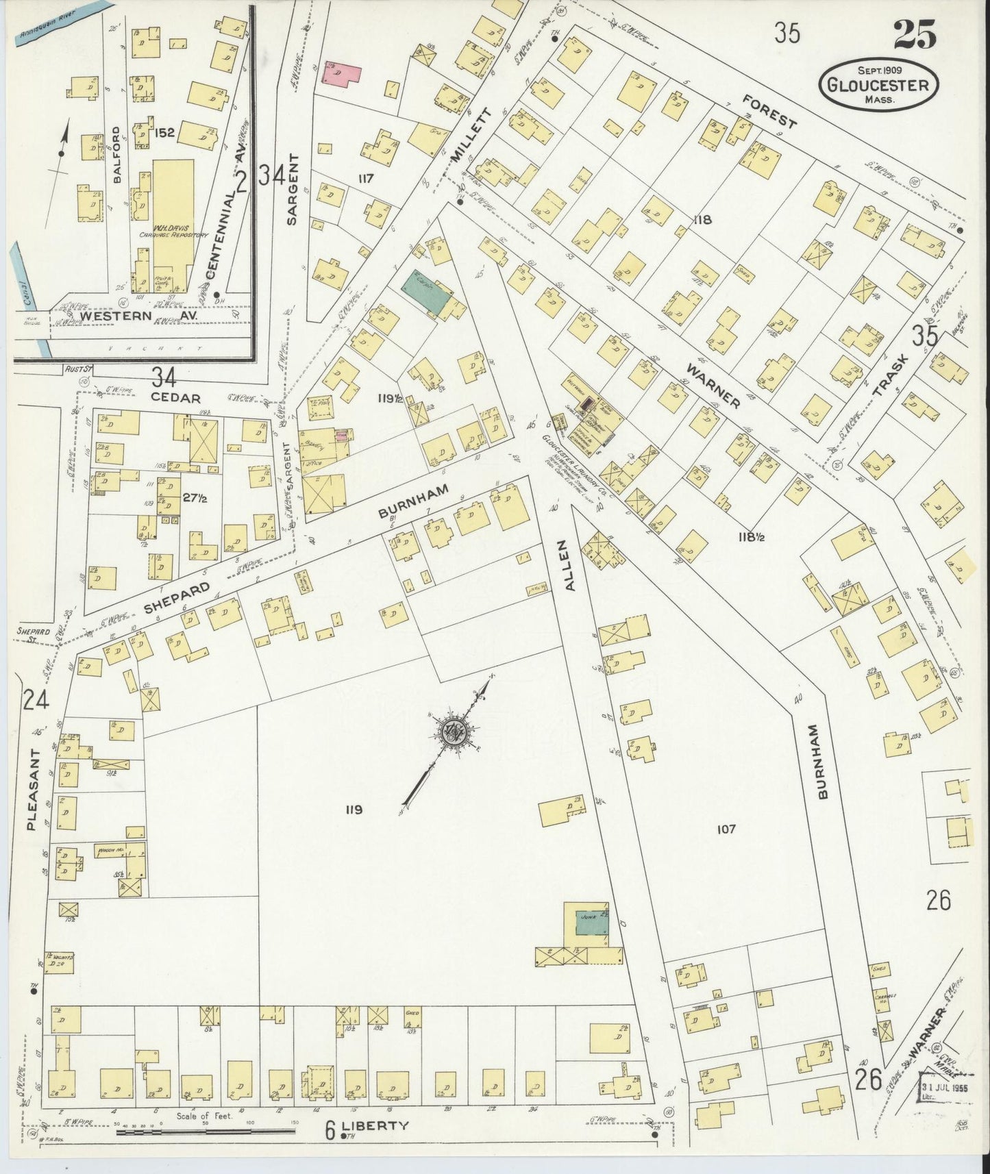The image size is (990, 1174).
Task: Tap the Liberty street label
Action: coord(375,1125)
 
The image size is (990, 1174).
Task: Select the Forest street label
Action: coord(770,112)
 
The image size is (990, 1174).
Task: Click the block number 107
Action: coord(726,829)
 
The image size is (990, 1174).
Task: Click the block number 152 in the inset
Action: coord(164,132)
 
